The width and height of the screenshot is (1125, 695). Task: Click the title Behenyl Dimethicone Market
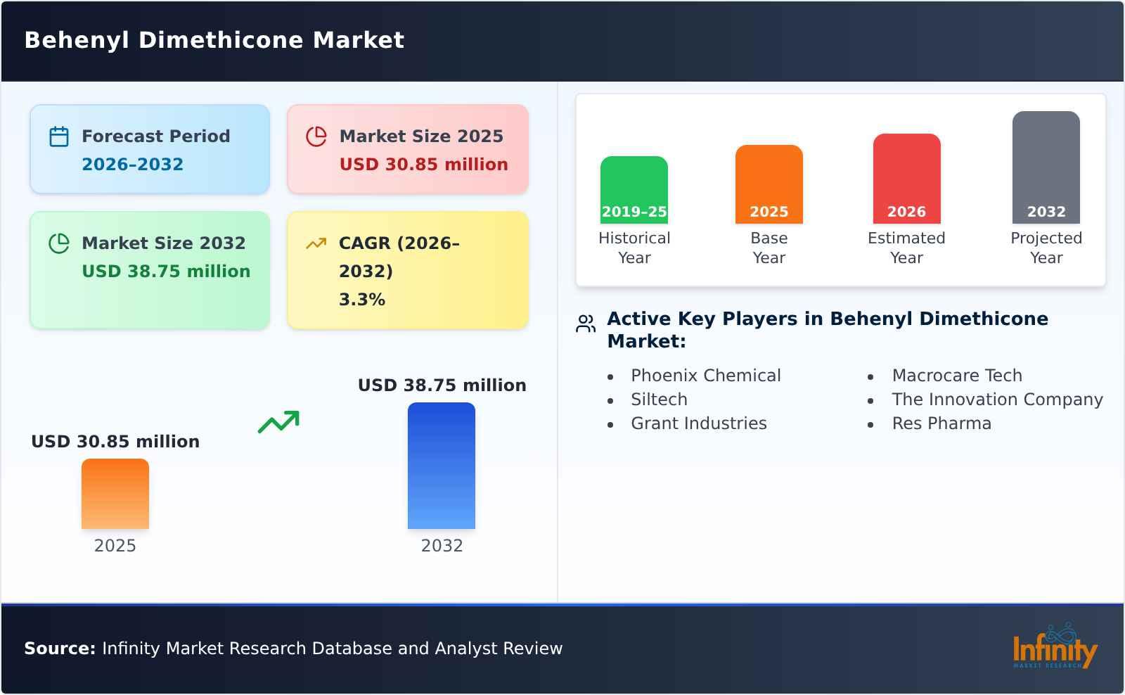pos(214,40)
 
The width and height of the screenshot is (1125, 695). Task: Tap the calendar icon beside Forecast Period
pos(59,136)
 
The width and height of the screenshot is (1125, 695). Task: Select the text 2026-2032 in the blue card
pos(132,165)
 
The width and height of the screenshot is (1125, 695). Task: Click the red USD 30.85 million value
pos(423,165)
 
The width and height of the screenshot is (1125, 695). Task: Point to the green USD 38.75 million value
pos(166,272)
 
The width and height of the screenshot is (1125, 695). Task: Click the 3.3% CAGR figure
pos(361,300)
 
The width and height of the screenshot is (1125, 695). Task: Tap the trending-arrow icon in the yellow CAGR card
pos(316,243)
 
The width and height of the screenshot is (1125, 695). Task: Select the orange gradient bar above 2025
pos(115,494)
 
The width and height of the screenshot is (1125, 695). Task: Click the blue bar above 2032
pos(442,466)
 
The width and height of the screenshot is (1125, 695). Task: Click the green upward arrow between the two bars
pos(278,422)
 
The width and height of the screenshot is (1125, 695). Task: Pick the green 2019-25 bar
pos(634,190)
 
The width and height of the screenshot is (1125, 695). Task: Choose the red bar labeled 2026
pos(906,179)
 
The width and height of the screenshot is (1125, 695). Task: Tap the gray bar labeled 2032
pos(1046,167)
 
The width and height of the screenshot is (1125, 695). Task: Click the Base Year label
pos(769,248)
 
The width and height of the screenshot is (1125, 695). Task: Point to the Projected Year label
pos(1046,248)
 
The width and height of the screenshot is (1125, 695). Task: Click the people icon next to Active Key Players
pos(586,324)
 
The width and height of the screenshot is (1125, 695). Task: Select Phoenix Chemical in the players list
pos(705,376)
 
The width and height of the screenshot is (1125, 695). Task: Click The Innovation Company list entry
pos(997,400)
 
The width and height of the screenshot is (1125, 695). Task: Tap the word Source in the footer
pos(59,649)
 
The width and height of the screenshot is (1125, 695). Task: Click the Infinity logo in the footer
pos(1054,647)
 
